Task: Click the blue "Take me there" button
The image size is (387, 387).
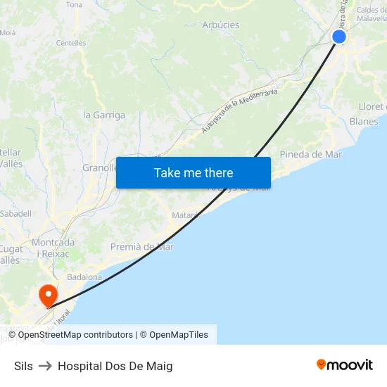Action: (193, 172)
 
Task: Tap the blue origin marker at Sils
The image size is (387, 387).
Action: (339, 37)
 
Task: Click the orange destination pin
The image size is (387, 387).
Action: (48, 295)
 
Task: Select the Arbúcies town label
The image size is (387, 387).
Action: (220, 25)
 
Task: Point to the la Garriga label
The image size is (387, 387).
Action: (104, 115)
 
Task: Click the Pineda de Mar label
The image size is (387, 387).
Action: (310, 154)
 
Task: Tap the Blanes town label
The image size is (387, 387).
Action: (364, 121)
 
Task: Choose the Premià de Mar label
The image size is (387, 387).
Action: (141, 247)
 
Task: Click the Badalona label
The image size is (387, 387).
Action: (84, 277)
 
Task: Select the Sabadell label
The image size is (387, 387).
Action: (15, 213)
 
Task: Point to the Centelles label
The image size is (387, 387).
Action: (71, 43)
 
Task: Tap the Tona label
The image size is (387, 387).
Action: (74, 5)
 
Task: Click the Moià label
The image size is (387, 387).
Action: (8, 32)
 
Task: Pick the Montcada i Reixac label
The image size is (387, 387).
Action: (53, 248)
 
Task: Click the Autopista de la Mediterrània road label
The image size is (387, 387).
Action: (239, 110)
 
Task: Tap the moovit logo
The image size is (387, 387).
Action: (344, 365)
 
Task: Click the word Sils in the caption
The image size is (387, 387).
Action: (23, 366)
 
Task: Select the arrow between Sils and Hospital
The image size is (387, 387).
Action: (45, 366)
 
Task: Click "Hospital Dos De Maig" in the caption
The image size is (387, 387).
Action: (115, 366)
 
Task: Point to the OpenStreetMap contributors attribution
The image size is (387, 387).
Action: (75, 335)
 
